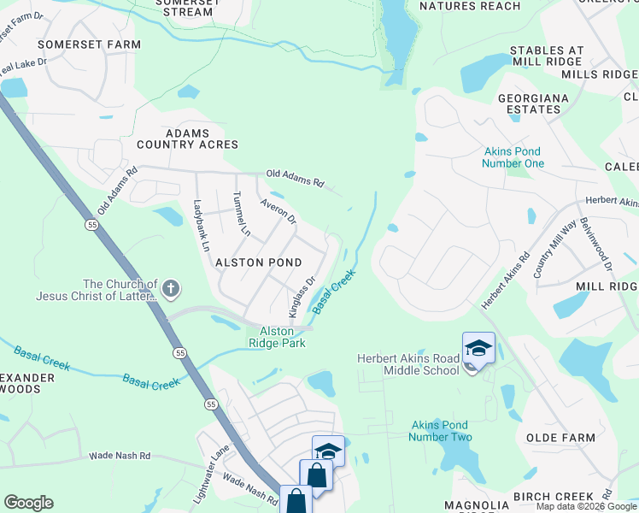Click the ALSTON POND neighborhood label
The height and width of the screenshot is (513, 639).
[x=257, y=262]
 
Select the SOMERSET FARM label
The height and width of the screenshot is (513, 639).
[x=89, y=44]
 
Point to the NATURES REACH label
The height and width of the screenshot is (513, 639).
[x=471, y=6]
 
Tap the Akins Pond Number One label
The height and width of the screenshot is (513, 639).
[x=513, y=157]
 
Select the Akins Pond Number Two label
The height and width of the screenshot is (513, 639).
[x=441, y=430]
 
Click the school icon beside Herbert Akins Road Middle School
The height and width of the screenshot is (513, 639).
[x=478, y=348]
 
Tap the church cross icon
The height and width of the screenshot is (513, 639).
[x=171, y=289]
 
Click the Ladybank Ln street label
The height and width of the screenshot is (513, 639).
[x=202, y=225]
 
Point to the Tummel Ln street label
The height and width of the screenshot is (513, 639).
[x=242, y=214]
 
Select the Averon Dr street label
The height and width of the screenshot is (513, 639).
[x=278, y=212]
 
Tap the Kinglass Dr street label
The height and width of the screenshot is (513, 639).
[x=303, y=293]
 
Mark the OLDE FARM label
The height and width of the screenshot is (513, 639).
[x=560, y=438]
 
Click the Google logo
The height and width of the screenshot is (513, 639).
[x=28, y=503]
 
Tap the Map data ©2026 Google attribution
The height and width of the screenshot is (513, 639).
[x=586, y=507]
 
